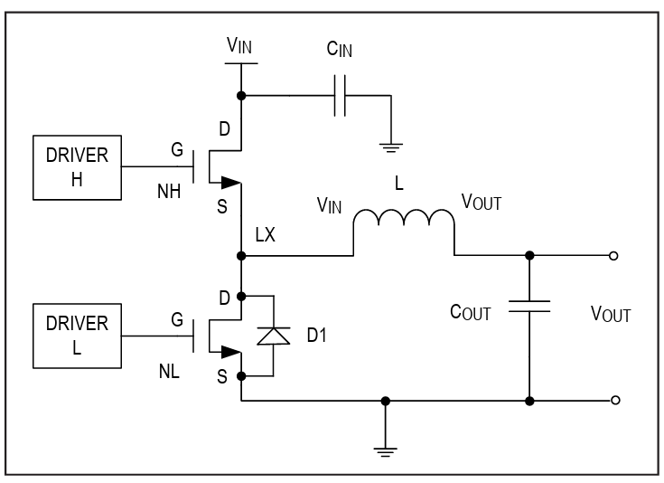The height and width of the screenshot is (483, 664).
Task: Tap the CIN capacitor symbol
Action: click(340, 96)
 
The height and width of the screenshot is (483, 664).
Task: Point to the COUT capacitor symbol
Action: click(529, 306)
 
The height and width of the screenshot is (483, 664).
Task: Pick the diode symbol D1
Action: click(274, 336)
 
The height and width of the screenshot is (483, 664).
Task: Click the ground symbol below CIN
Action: click(391, 148)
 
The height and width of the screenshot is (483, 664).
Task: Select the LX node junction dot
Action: click(241, 256)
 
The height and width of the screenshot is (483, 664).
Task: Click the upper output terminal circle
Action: click(613, 256)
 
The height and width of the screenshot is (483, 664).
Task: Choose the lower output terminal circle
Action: click(615, 400)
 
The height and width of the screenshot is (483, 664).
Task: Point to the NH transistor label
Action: click(169, 192)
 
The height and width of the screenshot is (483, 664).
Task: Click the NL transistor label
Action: click(169, 372)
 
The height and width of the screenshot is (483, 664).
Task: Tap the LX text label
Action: click(265, 234)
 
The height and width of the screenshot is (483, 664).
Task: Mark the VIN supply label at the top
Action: click(239, 46)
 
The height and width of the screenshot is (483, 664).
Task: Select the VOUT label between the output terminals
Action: click(611, 315)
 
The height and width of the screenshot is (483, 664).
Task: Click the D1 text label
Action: click(317, 336)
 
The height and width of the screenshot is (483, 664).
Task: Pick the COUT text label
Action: click(470, 313)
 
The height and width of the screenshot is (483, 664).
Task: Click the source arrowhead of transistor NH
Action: click(230, 183)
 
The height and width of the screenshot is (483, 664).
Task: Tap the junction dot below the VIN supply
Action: click(241, 96)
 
